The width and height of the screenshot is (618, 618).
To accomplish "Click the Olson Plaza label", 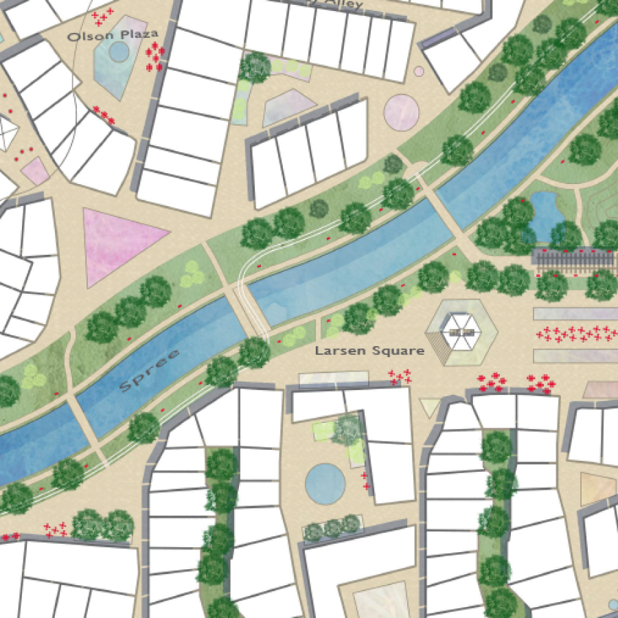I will tap(113, 34).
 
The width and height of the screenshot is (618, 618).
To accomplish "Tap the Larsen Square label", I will tap(369, 351).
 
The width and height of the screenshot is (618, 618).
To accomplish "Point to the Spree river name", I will tap(149, 371).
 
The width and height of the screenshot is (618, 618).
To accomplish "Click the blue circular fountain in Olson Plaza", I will tap(118, 51).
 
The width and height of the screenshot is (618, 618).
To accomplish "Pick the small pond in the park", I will tap(547, 213).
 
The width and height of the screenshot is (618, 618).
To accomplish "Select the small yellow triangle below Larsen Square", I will tap(430, 408).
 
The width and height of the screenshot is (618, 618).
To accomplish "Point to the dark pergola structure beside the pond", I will tap(573, 259).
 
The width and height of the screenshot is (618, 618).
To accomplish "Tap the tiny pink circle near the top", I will tap(419, 71).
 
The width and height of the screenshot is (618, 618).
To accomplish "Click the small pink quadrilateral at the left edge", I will tap(35, 171).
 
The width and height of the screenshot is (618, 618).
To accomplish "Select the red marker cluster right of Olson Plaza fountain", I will tap(155, 56).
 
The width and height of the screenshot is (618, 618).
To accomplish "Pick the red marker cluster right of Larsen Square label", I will tap(400, 376).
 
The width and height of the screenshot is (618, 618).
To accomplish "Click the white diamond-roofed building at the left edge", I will tap(5, 132).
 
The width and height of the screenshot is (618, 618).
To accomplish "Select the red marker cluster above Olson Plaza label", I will tap(102, 15).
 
